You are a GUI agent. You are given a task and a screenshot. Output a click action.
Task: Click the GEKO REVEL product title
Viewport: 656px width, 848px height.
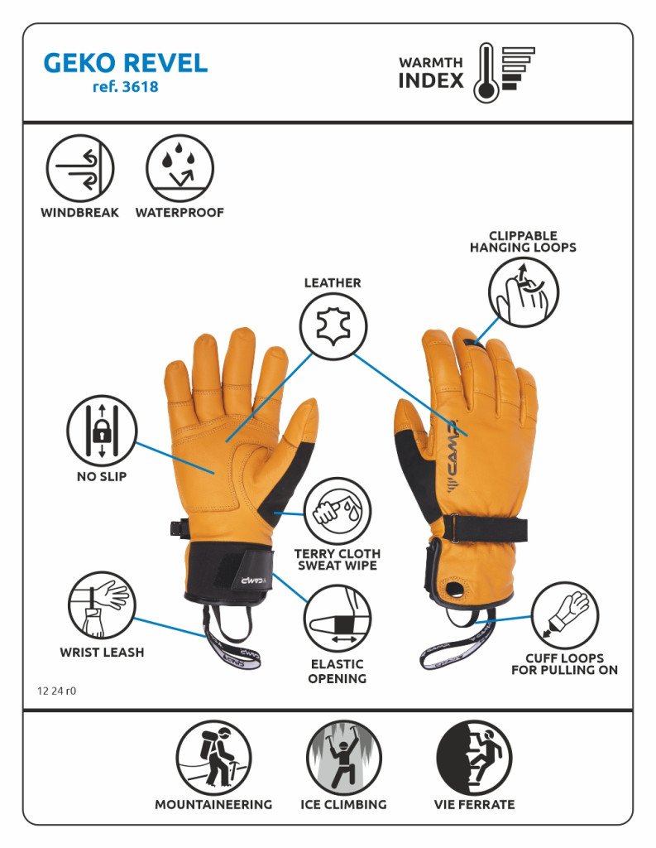(126, 63)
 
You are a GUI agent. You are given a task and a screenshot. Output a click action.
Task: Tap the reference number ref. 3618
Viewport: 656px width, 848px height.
(126, 86)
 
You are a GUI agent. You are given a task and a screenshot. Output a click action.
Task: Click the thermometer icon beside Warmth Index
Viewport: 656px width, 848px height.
(486, 73)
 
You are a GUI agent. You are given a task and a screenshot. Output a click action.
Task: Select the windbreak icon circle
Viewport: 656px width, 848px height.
(80, 168)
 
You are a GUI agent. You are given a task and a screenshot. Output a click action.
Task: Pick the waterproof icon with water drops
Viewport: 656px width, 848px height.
(180, 168)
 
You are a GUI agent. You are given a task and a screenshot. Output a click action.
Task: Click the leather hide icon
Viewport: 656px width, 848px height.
(333, 326)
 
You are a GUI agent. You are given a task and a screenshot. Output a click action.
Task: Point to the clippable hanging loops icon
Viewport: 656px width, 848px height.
(523, 292)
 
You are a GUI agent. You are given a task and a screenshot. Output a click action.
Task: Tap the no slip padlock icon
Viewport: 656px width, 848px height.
(102, 431)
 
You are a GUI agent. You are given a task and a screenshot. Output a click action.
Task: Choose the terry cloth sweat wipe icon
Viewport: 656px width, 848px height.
(338, 511)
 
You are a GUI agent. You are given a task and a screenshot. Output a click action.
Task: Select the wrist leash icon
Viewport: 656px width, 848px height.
(102, 605)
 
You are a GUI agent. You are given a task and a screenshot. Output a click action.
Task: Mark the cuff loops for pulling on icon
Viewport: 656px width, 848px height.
(565, 615)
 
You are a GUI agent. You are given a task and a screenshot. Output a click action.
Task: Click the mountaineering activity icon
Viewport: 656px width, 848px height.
(213, 758)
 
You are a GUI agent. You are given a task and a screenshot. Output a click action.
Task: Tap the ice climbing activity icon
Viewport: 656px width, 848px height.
(343, 758)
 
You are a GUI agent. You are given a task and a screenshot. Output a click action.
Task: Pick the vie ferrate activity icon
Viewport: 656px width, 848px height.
(474, 758)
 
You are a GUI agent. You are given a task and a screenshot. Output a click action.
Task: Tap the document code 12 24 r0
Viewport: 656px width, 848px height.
(57, 691)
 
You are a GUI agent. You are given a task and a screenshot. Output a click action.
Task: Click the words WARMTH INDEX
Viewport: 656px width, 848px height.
(431, 73)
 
